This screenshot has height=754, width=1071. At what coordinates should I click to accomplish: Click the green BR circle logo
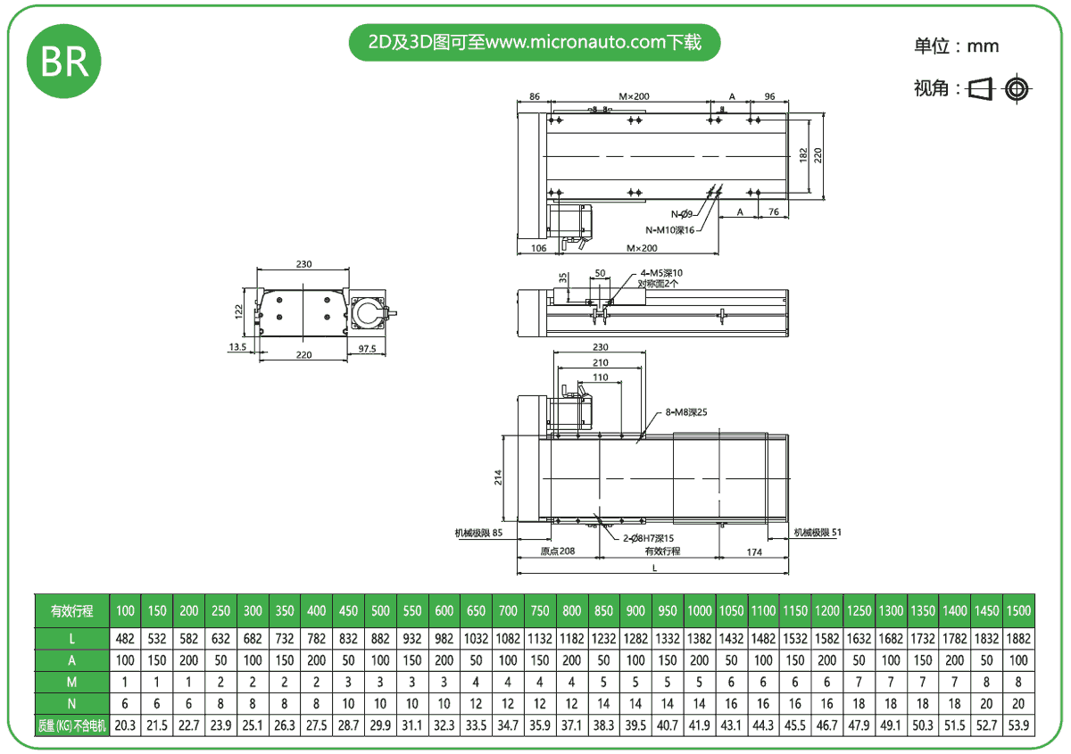64,61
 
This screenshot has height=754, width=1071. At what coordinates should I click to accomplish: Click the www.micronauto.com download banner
534,42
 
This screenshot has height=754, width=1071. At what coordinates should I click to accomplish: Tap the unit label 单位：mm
956,46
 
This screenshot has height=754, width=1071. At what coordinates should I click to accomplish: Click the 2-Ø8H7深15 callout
647,538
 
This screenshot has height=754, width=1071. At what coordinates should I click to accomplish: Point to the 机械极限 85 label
479,534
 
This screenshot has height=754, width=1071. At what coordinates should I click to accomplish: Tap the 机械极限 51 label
818,533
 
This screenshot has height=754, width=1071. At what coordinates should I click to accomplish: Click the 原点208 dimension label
558,551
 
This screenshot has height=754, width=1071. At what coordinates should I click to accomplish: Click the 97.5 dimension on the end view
367,349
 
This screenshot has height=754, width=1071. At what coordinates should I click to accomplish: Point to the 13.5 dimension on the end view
237,347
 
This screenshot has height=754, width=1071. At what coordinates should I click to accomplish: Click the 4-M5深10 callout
660,273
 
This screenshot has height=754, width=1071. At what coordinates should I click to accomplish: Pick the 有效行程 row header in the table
71,611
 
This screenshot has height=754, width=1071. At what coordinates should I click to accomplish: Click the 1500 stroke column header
1017,611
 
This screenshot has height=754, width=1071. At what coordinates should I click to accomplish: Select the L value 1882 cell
1017,639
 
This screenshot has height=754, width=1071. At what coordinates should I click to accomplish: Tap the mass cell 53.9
1017,725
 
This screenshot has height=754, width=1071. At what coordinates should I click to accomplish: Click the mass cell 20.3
126,725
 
